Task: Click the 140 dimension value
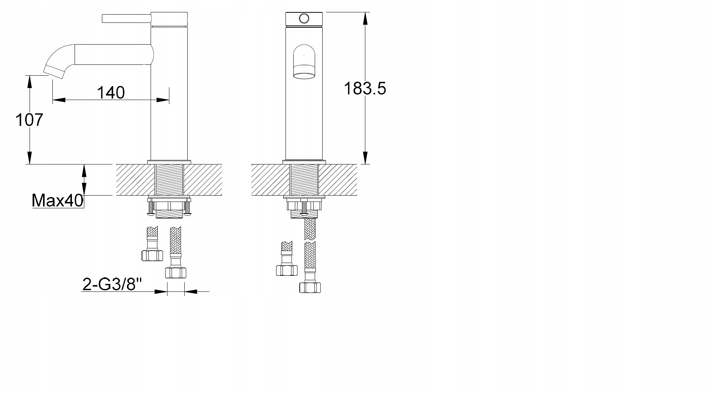[111, 92]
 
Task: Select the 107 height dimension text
[29, 120]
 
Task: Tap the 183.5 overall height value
[365, 88]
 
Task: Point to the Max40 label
[58, 201]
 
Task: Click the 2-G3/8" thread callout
[112, 284]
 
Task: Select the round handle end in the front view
[304, 18]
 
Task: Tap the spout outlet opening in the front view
[304, 76]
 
